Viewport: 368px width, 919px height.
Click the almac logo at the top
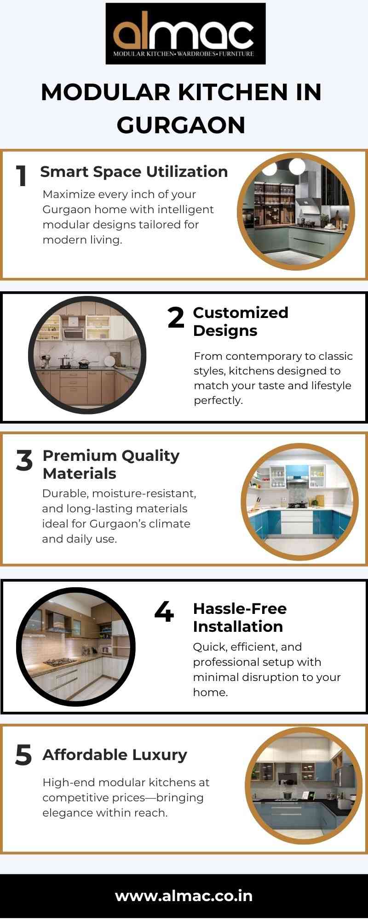[185, 34]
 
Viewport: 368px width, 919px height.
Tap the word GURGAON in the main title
[181, 125]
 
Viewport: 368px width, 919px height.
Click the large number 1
[22, 176]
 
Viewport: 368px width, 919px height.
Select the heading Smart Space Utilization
[134, 171]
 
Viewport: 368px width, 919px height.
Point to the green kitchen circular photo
[296, 212]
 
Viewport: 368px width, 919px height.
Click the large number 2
[176, 318]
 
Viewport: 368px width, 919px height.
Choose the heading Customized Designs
[241, 322]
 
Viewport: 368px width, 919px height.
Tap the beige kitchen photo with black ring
[87, 355]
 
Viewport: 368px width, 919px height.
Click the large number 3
[24, 460]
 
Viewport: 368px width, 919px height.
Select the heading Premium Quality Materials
[111, 465]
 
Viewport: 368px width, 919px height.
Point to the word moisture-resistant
[144, 494]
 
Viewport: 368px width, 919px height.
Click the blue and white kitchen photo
[299, 502]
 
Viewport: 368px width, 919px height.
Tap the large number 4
[164, 612]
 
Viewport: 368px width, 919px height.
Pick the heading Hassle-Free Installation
[240, 618]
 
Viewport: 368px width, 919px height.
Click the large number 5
[23, 755]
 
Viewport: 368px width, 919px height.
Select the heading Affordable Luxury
[115, 754]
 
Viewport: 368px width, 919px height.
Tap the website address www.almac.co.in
[184, 896]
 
